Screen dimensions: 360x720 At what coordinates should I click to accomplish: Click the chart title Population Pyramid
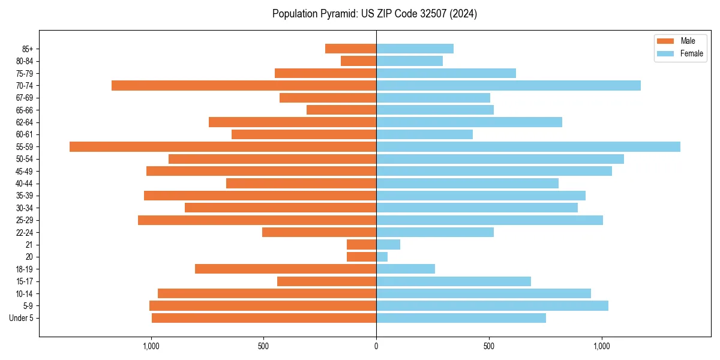tap(374, 14)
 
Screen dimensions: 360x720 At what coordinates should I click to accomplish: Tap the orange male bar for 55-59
tap(223, 147)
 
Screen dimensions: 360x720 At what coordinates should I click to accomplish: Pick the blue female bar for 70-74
tap(508, 86)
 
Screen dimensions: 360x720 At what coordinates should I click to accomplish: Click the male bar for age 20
tap(361, 257)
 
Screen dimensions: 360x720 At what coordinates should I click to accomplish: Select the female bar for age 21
tap(388, 245)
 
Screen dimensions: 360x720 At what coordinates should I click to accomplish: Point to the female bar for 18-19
tap(406, 269)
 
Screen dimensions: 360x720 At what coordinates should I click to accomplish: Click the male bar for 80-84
tap(358, 61)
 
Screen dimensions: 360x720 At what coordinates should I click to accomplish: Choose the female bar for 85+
tap(415, 49)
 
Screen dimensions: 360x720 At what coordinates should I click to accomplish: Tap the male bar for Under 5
tap(264, 318)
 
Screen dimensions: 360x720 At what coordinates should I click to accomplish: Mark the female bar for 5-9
tap(492, 306)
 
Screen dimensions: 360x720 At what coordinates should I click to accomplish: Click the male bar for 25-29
tap(257, 220)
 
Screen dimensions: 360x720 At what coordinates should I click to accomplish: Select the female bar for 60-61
tap(424, 134)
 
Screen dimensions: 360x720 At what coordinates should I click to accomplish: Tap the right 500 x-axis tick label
tap(489, 346)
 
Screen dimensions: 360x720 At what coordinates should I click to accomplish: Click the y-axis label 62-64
tap(25, 122)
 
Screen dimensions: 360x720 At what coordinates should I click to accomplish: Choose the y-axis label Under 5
tap(22, 318)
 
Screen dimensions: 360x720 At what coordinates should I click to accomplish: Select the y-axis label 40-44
tap(25, 184)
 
